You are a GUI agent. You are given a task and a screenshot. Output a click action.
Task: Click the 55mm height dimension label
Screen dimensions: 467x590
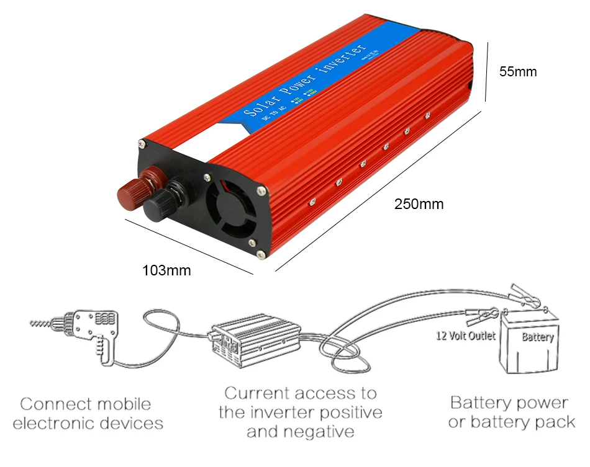click(x=518, y=72)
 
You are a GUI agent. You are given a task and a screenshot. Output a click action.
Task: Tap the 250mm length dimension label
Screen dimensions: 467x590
click(x=419, y=203)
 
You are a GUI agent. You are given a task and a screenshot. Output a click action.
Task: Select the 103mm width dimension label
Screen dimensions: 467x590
click(x=166, y=270)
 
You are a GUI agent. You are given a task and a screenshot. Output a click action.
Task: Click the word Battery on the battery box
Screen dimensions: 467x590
click(x=537, y=337)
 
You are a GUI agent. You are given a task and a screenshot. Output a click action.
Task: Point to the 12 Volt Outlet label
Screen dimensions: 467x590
click(x=465, y=336)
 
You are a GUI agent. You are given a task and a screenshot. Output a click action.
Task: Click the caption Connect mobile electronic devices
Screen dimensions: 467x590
click(x=88, y=414)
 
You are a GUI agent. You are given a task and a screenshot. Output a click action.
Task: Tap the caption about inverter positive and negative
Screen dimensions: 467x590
click(x=300, y=412)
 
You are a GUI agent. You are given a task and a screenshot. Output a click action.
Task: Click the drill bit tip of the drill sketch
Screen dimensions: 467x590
click(x=39, y=323)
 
